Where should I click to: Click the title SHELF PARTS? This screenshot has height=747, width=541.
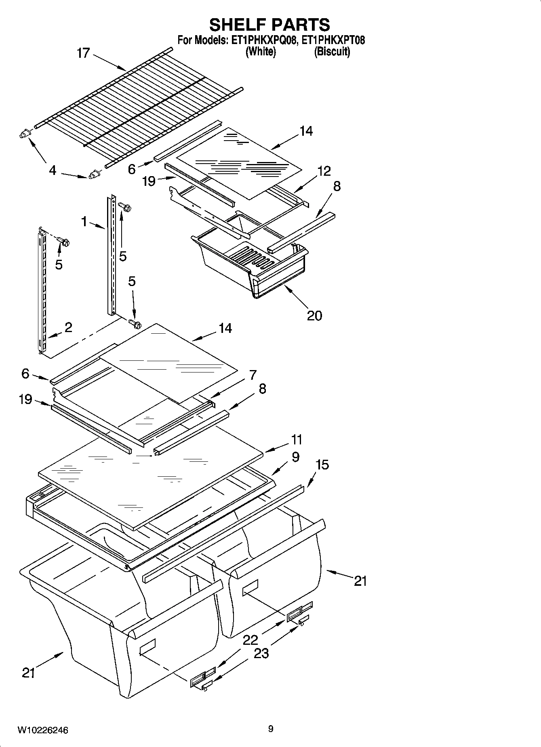pos(269,25)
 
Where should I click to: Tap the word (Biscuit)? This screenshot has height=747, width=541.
pos(332,52)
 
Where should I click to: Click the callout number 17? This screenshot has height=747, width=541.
pos(83,53)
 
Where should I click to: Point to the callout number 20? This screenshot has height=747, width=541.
pos(314,315)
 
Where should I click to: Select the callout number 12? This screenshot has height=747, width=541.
pos(324,171)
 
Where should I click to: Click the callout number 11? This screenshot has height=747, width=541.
pos(297,439)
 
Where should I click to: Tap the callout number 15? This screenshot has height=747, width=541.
pos(322,465)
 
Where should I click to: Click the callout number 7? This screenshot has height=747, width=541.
pos(253,375)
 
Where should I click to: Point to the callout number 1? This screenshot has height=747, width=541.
pos(84,221)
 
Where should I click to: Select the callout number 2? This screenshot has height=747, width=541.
pos(68,327)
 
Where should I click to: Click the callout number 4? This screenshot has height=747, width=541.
pos(53,170)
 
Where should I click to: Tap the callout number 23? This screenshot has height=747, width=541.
pos(261,653)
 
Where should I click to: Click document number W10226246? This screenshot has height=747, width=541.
pos(42,730)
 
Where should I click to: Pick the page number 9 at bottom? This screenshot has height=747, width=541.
pos(270,728)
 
